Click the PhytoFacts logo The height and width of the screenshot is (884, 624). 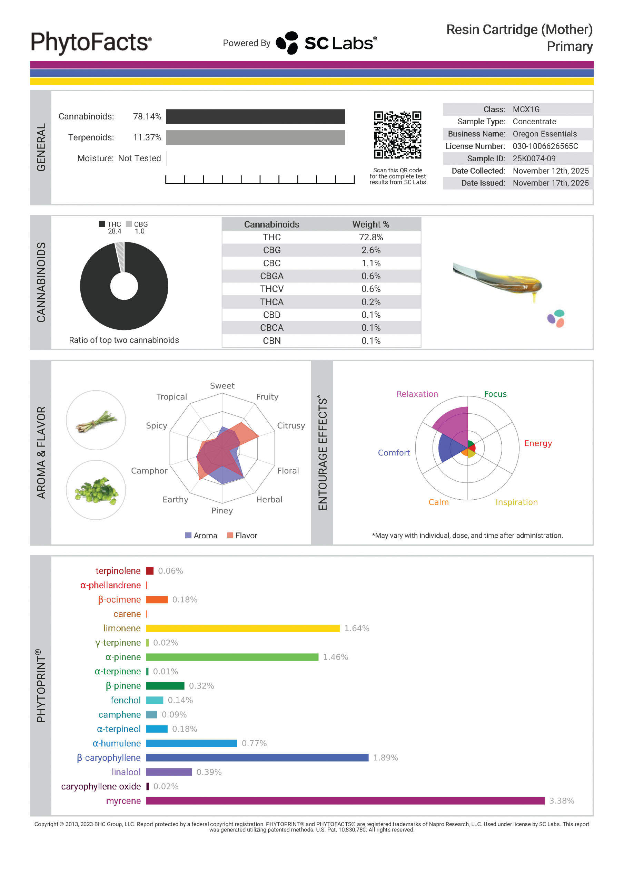click(x=91, y=42)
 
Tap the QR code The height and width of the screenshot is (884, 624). click(x=397, y=135)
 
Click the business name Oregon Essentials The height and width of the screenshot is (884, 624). click(x=544, y=134)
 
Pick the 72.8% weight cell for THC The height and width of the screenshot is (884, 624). click(x=370, y=237)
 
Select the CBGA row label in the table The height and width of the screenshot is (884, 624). click(x=271, y=276)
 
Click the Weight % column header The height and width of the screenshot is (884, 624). click(x=370, y=224)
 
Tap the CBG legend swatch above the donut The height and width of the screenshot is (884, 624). click(x=129, y=224)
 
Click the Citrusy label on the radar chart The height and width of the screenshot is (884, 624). click(x=291, y=426)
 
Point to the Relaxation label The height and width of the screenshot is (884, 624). click(x=417, y=394)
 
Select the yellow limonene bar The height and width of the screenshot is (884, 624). click(x=243, y=628)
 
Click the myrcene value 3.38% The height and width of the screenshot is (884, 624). click(x=561, y=801)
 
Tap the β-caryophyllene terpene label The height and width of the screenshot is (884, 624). click(x=109, y=758)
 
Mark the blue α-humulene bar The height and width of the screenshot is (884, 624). click(x=191, y=743)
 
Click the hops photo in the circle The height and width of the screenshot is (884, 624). click(x=96, y=490)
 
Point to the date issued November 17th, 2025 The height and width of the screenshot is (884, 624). click(x=551, y=183)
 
